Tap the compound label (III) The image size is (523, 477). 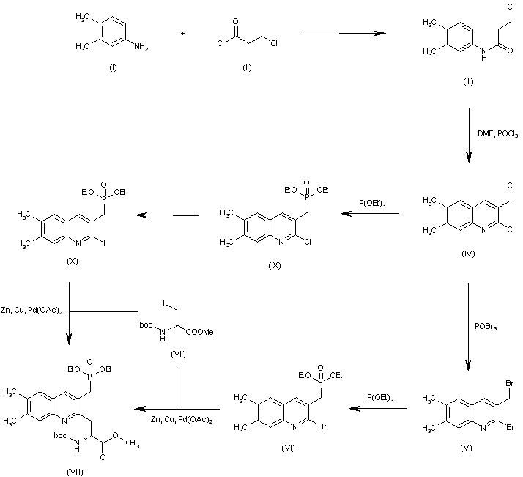pos(468,81)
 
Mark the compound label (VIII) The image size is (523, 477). pos(73,471)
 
